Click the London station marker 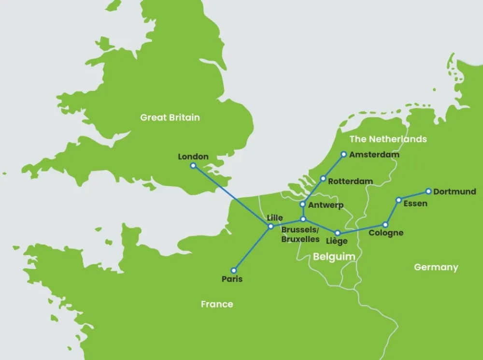193,166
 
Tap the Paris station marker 234,271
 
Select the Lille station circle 270,226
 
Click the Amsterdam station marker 344,155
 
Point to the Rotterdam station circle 323,179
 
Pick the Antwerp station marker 303,204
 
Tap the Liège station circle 337,233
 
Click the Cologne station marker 385,225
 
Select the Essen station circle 398,200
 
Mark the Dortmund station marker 428,191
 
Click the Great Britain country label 170,117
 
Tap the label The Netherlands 388,139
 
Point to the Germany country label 436,267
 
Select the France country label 217,304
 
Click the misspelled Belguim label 334,257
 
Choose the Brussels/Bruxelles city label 300,234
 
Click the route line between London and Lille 232,196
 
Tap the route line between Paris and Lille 252,248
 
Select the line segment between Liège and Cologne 361,229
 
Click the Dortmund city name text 455,192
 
